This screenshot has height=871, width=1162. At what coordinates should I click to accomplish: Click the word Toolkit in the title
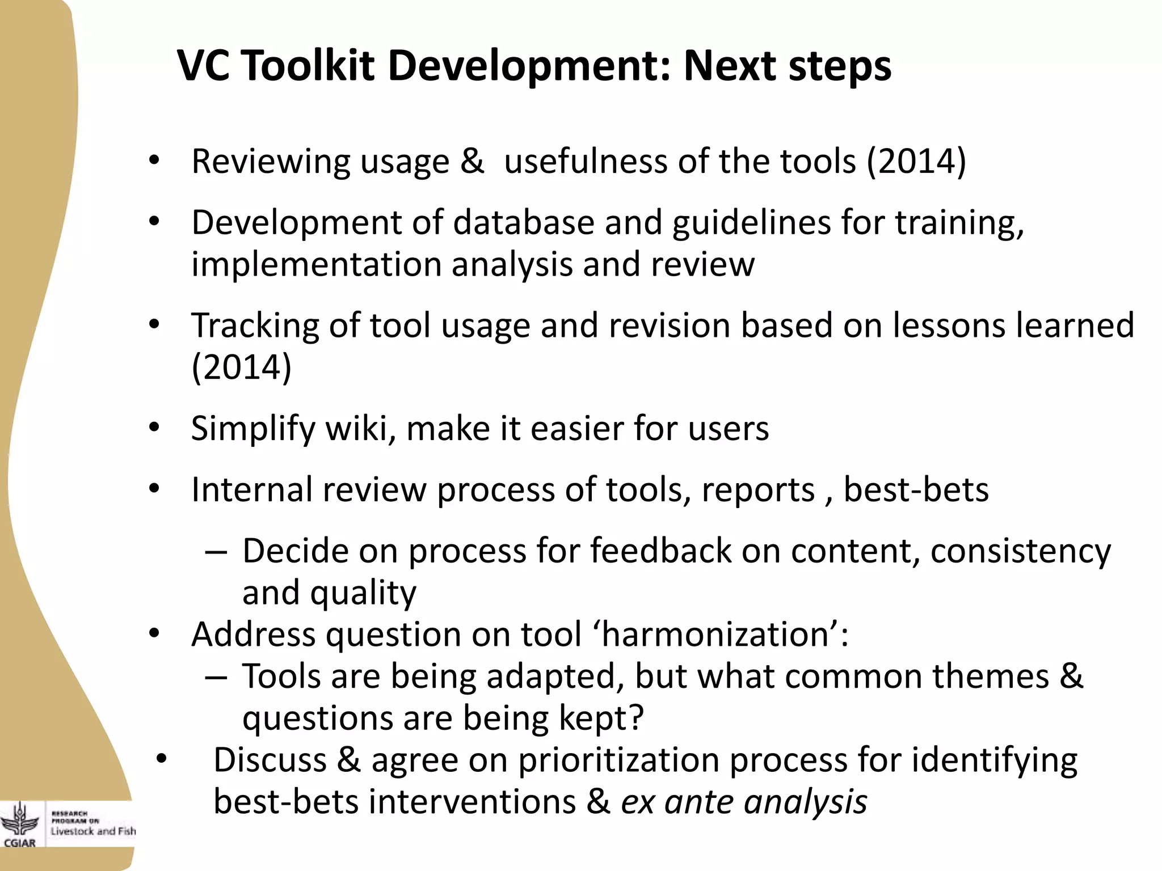pyautogui.click(x=309, y=66)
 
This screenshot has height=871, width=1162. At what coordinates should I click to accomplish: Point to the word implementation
pyautogui.click(x=317, y=264)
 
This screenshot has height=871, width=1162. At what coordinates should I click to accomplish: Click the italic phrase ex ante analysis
pyautogui.click(x=744, y=802)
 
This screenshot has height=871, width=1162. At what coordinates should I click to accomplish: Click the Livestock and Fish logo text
pyautogui.click(x=93, y=831)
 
